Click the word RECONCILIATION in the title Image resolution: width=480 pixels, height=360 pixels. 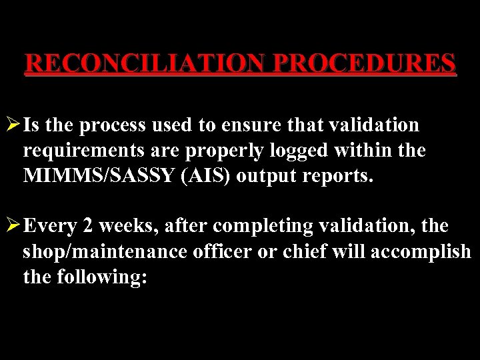pyautogui.click(x=146, y=63)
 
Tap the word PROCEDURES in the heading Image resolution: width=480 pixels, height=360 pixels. pyautogui.click(x=365, y=63)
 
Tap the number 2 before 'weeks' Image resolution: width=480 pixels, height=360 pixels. pyautogui.click(x=88, y=227)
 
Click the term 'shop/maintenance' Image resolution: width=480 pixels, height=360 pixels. pyautogui.click(x=104, y=252)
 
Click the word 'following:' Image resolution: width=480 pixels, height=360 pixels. pyautogui.click(x=102, y=277)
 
